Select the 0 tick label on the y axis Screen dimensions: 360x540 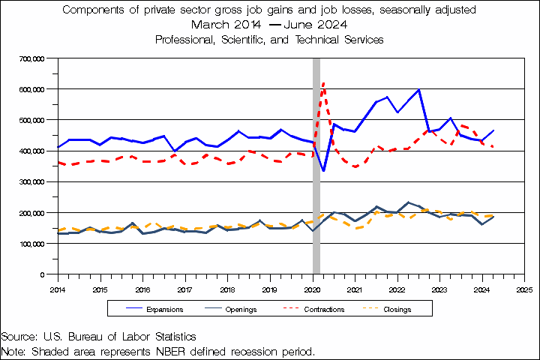(x=45, y=274)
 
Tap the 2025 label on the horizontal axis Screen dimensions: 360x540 (x=524, y=288)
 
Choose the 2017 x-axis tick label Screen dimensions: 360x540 (x=185, y=288)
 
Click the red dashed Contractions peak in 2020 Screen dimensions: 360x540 (x=323, y=82)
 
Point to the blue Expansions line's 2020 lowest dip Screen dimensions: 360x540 (x=323, y=170)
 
